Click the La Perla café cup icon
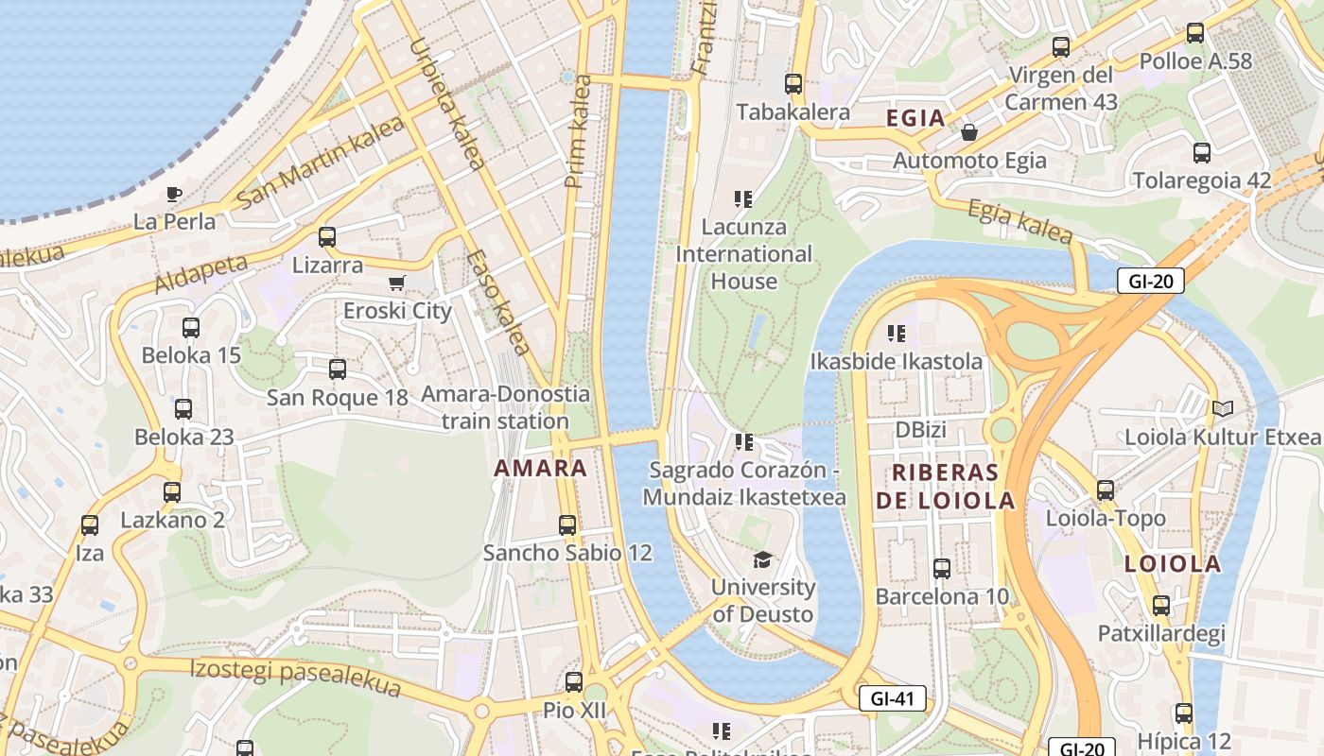click(173, 195)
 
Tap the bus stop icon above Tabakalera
click(793, 84)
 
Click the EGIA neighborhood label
click(915, 118)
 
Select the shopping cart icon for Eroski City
click(397, 283)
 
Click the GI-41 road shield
click(892, 699)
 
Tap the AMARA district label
click(540, 468)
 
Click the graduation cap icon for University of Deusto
click(762, 559)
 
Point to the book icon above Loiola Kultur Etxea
click(1222, 409)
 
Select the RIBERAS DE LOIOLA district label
click(945, 487)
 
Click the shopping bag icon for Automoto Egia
click(969, 132)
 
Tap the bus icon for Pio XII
click(573, 682)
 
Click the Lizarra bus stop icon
click(327, 237)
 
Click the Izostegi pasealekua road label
click(295, 678)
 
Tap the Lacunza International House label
click(743, 254)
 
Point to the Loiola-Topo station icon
click(1106, 490)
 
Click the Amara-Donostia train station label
click(505, 407)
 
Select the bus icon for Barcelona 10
click(942, 569)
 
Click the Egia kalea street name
click(1020, 222)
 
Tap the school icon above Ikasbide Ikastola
click(897, 334)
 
